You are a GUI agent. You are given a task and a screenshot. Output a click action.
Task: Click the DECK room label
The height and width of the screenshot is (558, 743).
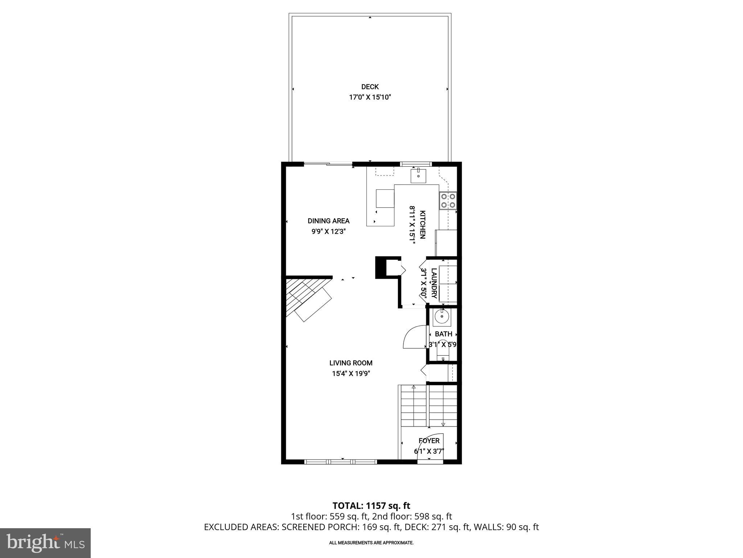tap(370, 87)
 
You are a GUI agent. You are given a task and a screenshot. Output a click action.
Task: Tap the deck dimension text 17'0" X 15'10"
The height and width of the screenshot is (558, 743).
tap(370, 97)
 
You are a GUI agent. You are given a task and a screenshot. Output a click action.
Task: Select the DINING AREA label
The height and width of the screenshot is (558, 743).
tap(328, 221)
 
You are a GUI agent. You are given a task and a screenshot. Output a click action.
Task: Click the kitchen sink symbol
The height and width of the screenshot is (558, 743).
tap(418, 175)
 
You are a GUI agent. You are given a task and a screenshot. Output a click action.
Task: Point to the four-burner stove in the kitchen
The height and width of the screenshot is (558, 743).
tap(448, 201)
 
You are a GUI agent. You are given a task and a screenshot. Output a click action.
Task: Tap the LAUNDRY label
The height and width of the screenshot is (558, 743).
tap(434, 283)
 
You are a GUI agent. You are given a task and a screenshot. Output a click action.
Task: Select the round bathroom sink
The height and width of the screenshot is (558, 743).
tap(442, 317)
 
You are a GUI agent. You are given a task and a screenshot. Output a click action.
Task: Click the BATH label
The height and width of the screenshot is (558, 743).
tap(443, 334)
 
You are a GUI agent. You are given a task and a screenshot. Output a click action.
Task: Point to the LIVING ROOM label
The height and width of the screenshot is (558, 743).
tap(351, 363)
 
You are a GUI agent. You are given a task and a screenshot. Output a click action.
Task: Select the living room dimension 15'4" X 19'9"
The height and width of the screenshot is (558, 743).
tap(351, 373)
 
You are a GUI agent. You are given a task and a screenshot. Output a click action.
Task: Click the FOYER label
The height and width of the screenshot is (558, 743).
tap(429, 441)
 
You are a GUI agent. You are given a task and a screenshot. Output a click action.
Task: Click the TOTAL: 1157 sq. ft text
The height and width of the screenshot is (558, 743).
tap(371, 506)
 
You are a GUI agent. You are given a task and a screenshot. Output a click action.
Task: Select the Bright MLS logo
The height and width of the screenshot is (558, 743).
tap(45, 543)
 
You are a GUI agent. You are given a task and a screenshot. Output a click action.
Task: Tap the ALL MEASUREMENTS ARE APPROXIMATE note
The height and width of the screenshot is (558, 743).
tap(371, 543)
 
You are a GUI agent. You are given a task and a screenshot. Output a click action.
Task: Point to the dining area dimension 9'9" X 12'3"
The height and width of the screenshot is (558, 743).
tap(328, 232)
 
